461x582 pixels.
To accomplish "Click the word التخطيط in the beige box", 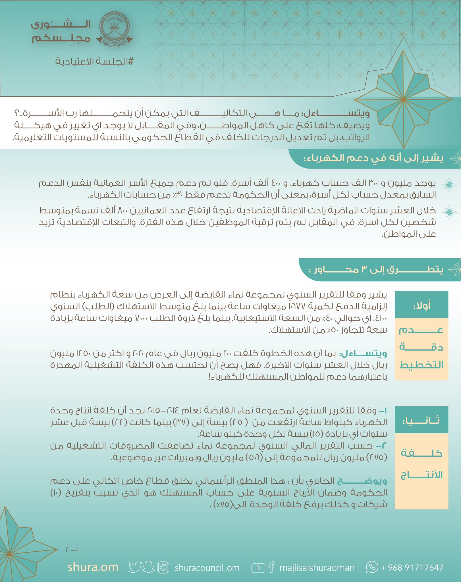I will coord(421,365).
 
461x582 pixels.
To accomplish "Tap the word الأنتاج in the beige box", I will coord(421,475).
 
